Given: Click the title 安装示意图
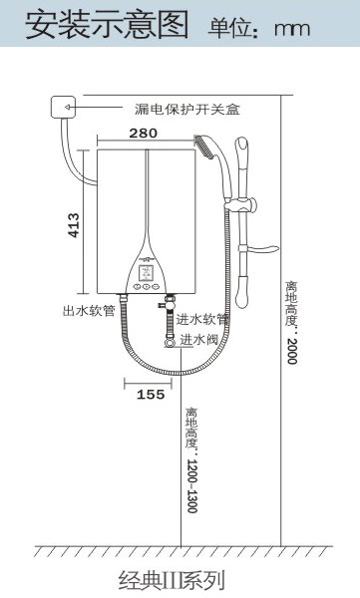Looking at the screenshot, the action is (x=108, y=25).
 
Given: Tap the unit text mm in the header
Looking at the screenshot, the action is (x=292, y=29).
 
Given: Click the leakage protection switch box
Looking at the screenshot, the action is (x=64, y=107).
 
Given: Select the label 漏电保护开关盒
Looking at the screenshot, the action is (x=187, y=110).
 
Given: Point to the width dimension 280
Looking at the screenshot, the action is (x=144, y=134).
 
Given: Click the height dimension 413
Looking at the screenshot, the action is (x=74, y=225).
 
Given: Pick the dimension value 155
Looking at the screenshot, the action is (x=151, y=395).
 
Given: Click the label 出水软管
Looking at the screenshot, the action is (x=89, y=311).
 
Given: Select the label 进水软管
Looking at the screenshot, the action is (x=202, y=319).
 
